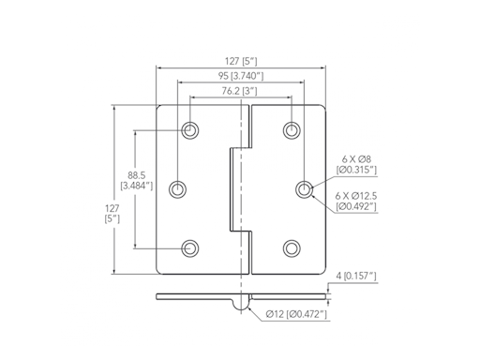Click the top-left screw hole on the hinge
point(190,130)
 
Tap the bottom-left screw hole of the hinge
point(190,247)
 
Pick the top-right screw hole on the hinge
point(292,130)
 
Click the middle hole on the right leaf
point(305,189)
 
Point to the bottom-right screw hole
point(292,247)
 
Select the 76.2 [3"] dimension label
point(240,91)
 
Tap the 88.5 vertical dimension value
point(135,174)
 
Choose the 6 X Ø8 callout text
point(356,159)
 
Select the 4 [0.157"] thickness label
point(356,276)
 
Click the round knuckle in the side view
point(241,303)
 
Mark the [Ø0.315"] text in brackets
point(357,171)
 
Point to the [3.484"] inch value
point(136,186)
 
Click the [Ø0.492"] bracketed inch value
point(357,205)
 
